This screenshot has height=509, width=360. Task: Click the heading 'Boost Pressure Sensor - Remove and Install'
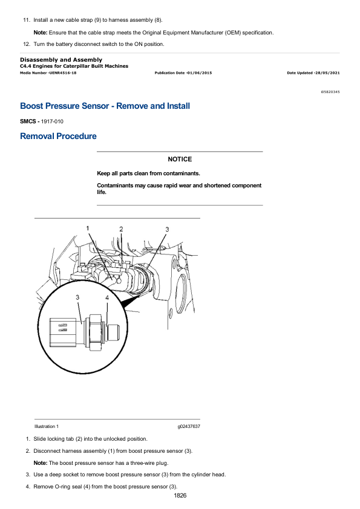click(x=105, y=106)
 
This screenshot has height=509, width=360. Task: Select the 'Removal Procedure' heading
click(x=58, y=136)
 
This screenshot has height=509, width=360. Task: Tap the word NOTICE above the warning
click(x=180, y=159)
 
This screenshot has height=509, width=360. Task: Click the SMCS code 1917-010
click(x=52, y=122)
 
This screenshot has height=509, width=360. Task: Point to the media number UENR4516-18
click(x=63, y=73)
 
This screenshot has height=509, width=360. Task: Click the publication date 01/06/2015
click(x=199, y=73)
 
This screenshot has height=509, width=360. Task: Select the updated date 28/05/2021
click(x=327, y=73)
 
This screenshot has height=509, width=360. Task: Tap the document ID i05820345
click(x=330, y=92)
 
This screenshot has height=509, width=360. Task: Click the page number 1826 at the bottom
click(x=180, y=495)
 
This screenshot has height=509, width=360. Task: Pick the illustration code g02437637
click(x=189, y=427)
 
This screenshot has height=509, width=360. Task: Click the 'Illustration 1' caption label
click(x=47, y=427)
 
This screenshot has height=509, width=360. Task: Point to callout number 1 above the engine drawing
click(x=87, y=229)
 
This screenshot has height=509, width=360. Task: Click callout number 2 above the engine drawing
click(x=121, y=229)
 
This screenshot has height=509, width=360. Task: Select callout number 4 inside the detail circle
click(x=107, y=297)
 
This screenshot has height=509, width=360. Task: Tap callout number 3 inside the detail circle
click(x=77, y=297)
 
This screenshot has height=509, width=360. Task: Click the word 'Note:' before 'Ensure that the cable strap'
click(x=41, y=33)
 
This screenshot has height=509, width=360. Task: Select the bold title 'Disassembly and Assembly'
click(x=61, y=60)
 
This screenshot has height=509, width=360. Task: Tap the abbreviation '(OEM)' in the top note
click(x=233, y=33)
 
